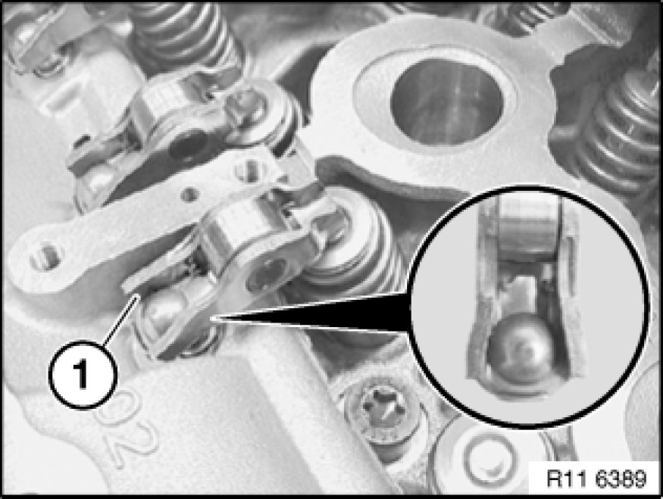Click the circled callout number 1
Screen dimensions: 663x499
[82, 376]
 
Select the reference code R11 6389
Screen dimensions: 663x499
[596, 479]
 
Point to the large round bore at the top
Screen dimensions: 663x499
[446, 104]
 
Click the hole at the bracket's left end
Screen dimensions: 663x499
[45, 256]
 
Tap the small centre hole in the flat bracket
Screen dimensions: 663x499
[189, 195]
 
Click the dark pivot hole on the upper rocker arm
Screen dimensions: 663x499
[187, 144]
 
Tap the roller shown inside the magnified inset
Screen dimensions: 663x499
[529, 228]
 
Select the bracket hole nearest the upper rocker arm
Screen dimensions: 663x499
[249, 170]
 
